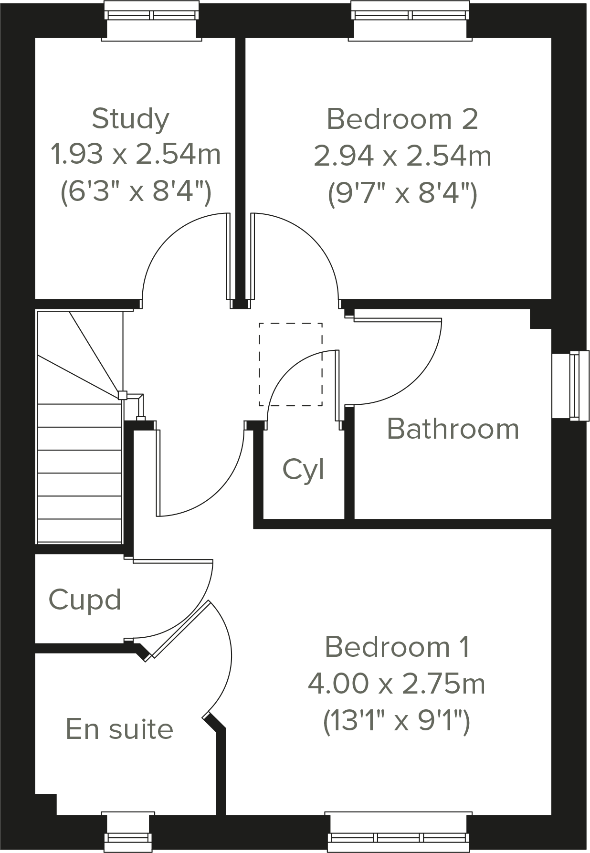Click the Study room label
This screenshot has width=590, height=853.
(x=130, y=119)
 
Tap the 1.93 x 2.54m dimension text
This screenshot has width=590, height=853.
(x=136, y=155)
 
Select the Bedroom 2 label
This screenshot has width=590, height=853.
(x=402, y=119)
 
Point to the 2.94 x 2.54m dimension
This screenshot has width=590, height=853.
(x=402, y=156)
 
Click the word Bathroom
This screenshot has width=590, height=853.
(x=453, y=429)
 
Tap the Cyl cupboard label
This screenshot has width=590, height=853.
(x=303, y=470)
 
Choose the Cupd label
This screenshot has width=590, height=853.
(x=85, y=600)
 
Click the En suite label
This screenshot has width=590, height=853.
(x=119, y=729)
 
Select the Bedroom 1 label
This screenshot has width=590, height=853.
(x=397, y=647)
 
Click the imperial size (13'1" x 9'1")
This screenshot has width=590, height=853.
(x=397, y=721)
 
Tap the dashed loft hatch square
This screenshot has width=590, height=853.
(x=290, y=365)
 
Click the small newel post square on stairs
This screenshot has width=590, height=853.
(x=122, y=395)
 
